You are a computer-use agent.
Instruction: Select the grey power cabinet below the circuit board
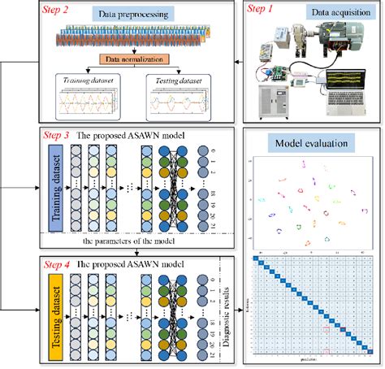coord(275,102)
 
